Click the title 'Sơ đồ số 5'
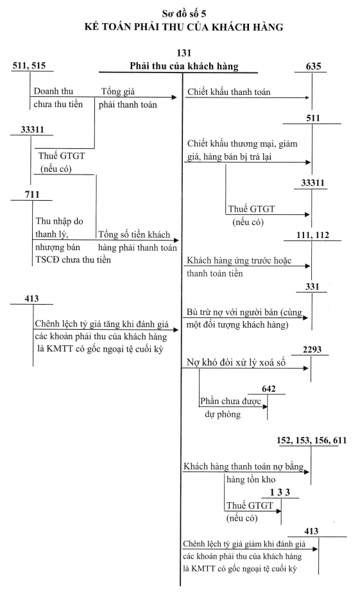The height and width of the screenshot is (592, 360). (x=184, y=14)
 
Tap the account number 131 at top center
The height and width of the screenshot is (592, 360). (x=184, y=53)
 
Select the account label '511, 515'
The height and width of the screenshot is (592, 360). (x=29, y=65)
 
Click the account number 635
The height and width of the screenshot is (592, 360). (x=314, y=67)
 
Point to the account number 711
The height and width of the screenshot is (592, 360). (x=32, y=194)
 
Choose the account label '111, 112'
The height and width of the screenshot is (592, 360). (x=313, y=235)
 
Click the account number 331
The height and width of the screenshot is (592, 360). (x=313, y=287)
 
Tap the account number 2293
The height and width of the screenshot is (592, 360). (x=312, y=350)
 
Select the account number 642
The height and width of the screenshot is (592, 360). (x=269, y=389)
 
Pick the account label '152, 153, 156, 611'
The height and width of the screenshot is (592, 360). (x=312, y=440)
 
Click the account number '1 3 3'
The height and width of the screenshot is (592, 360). (x=280, y=493)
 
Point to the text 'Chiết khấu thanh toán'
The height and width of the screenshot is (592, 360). (x=229, y=92)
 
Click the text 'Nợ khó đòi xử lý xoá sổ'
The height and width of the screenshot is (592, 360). (x=236, y=362)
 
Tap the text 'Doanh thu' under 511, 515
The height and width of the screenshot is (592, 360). (x=53, y=91)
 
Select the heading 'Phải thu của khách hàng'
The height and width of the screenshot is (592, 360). (x=184, y=66)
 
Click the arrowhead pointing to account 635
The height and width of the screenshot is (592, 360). (x=307, y=97)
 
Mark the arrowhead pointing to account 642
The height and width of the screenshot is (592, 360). (x=265, y=407)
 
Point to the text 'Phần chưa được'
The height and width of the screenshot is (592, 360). (x=230, y=401)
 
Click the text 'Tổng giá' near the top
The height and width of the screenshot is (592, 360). (x=118, y=92)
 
